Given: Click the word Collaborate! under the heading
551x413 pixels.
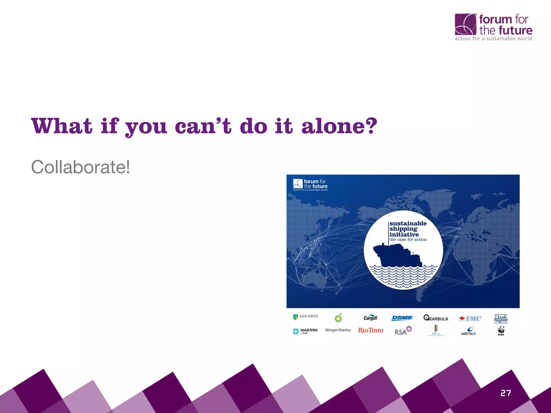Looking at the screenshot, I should pos(80,167).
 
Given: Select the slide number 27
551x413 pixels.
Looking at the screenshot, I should pos(506,393).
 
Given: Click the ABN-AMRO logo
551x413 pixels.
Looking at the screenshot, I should pos(306,317).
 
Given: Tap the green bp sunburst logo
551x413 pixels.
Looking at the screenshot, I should pos(338,318).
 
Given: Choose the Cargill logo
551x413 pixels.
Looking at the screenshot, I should pos(370,318).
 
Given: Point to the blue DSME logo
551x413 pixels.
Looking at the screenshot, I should pos(402,318).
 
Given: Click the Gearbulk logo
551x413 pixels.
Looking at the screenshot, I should pos(436,318).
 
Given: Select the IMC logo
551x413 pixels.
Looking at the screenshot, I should pos(470,319).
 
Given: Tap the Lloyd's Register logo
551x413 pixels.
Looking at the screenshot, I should pos(501,319).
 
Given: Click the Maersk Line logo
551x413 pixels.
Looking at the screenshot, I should pos(306,331).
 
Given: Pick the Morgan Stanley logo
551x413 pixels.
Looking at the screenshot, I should pos(338,330).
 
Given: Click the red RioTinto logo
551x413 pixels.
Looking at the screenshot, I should pos(370,330).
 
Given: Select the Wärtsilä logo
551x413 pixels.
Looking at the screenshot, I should pos(469,331).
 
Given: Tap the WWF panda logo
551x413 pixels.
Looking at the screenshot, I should pos(501,331).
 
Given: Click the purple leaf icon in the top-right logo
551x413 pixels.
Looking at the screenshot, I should pos(465,24).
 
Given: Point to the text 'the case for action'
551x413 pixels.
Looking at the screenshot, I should pos(408,240).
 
